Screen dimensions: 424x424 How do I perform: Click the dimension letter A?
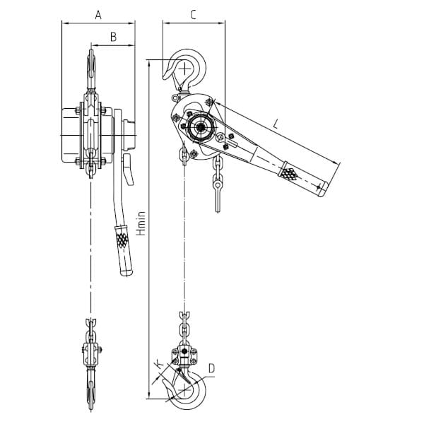click(98, 15)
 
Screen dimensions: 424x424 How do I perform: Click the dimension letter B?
click(114, 37)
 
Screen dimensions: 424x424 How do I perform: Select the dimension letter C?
click(193, 15)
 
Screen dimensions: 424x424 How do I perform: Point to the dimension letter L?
click(276, 124)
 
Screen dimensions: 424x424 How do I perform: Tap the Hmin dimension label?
click(141, 223)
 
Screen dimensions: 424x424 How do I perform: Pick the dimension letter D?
click(211, 368)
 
